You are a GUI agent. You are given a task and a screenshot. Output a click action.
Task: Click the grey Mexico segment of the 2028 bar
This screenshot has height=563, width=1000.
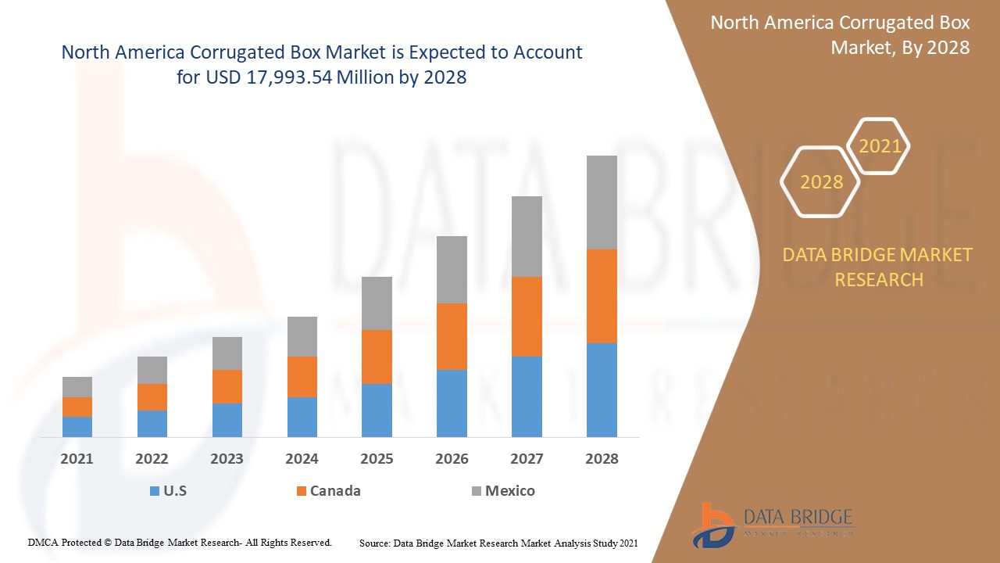point(602,202)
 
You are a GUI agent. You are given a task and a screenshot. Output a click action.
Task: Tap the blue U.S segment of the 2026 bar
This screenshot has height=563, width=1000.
point(452,403)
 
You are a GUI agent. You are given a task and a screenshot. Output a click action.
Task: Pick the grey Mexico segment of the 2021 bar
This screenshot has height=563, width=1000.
point(77,386)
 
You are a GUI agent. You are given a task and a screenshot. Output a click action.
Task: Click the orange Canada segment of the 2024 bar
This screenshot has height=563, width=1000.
point(302,376)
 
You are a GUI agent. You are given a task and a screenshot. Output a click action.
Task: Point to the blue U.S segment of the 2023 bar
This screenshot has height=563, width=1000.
point(227,420)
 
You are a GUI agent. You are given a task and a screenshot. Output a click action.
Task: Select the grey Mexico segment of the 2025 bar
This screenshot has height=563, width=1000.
point(377,303)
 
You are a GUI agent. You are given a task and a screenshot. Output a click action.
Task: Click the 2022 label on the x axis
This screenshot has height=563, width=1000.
point(152,459)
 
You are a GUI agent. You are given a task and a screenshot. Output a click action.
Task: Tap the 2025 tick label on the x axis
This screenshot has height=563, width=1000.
point(377,459)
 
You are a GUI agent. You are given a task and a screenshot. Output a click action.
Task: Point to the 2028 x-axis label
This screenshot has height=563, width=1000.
point(602,459)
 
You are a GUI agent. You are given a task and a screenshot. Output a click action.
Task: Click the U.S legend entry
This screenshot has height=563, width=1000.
point(168,491)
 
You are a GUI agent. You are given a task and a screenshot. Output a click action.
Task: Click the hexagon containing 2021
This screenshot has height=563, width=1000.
point(879,146)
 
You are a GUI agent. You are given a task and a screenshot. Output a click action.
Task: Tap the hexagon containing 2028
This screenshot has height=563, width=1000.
point(820,182)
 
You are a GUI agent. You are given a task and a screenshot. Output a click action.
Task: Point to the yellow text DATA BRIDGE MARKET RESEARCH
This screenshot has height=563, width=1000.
point(878,267)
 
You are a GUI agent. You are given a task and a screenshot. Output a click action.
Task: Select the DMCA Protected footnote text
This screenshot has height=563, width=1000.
point(180,542)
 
